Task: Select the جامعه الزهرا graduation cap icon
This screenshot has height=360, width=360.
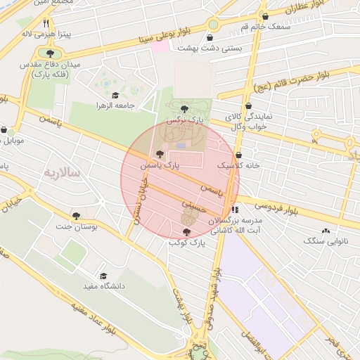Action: pos(115,95)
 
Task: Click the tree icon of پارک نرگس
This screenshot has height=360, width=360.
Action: pos(184,109)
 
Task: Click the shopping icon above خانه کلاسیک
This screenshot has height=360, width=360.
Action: pos(239,155)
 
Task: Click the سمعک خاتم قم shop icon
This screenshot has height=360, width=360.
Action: pos(265,16)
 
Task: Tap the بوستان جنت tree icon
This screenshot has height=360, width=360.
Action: pos(77,216)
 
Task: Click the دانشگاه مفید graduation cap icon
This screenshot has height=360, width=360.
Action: pos(103,276)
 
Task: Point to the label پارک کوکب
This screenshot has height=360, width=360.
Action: pos(186,242)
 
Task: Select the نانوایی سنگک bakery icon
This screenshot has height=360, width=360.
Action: pos(326,231)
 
